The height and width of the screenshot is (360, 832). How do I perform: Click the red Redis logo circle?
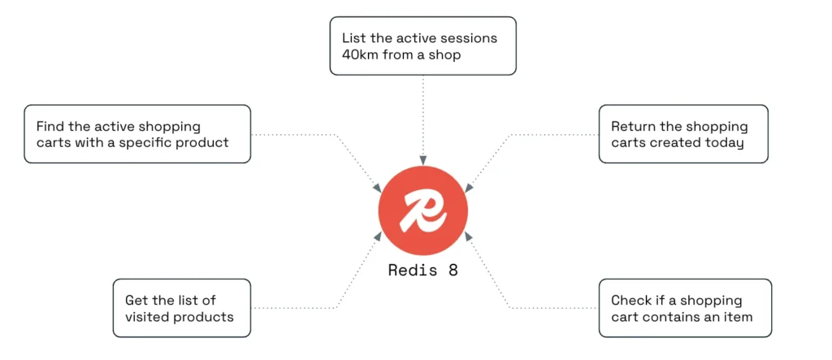click(x=422, y=211)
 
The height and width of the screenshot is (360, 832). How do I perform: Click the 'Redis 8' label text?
click(x=422, y=271)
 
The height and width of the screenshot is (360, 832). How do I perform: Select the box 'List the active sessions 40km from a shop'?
click(x=422, y=46)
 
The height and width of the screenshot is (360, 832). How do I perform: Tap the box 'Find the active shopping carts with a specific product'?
click(x=137, y=134)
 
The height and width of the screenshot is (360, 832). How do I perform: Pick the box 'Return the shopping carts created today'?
click(x=682, y=134)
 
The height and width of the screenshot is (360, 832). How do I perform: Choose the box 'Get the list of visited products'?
click(x=182, y=308)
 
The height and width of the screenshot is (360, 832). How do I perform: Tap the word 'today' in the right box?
click(x=726, y=143)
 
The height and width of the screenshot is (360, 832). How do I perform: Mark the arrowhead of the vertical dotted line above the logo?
click(x=422, y=161)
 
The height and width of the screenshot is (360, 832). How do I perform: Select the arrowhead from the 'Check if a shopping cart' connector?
click(x=468, y=235)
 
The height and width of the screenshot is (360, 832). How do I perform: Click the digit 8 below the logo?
click(x=453, y=271)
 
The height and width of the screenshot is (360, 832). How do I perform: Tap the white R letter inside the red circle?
click(x=423, y=211)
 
